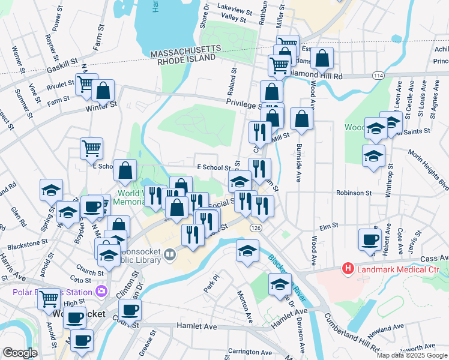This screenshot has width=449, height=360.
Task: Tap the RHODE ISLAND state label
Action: [186, 59]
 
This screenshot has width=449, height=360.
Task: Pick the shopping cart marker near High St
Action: [49, 298]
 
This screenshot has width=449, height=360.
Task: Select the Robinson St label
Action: [354, 194]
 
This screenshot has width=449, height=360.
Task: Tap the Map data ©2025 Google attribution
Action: [412, 355]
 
